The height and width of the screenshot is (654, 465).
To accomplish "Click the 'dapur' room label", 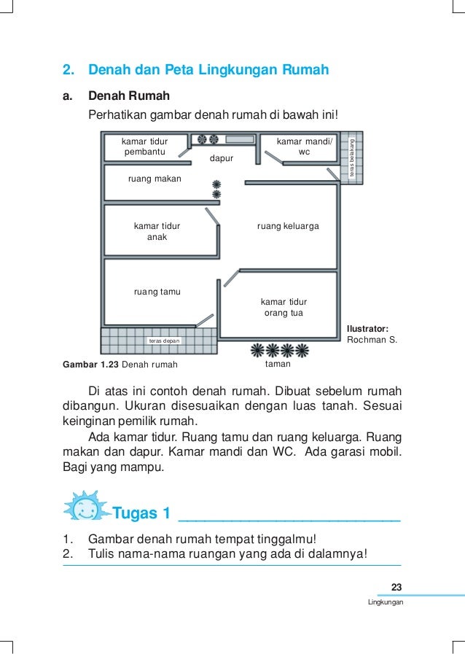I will coord(222,157).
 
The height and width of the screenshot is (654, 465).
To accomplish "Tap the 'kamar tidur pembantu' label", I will coord(144,147).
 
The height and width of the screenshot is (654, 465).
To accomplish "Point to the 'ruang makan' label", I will coord(155,178).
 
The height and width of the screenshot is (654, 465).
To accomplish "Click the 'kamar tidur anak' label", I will coord(157,232).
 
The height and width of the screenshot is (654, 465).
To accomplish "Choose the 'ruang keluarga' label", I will coord(288,227).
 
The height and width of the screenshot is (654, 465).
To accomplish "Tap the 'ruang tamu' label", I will coord(157,292).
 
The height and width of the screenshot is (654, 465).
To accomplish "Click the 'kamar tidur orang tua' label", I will coord(284,307).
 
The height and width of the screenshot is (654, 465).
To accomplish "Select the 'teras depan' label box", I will coord(164,340).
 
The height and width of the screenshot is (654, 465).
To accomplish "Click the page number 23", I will coord(396,588).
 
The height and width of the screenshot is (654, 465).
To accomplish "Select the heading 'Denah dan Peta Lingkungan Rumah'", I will coord(208,71).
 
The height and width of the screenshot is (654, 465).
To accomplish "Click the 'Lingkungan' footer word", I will coord(386,603).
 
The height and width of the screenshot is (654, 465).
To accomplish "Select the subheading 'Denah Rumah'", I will coord(129,96).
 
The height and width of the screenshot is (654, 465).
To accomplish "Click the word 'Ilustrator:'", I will coord(368,328).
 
